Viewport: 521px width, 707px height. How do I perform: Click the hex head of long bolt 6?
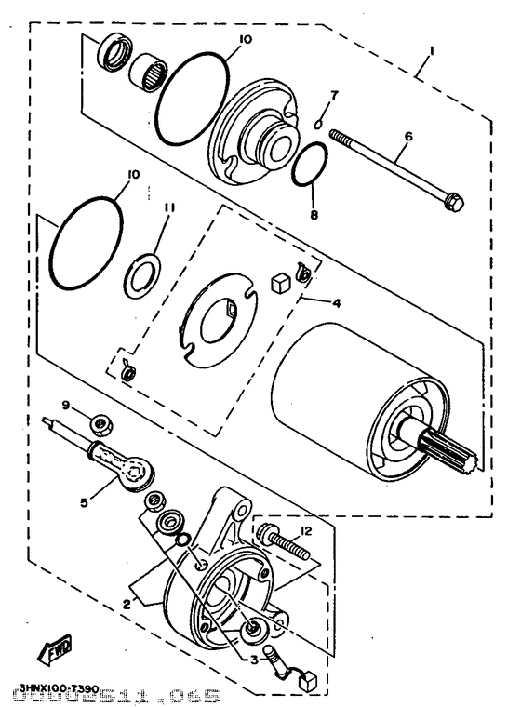(x=454, y=201)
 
